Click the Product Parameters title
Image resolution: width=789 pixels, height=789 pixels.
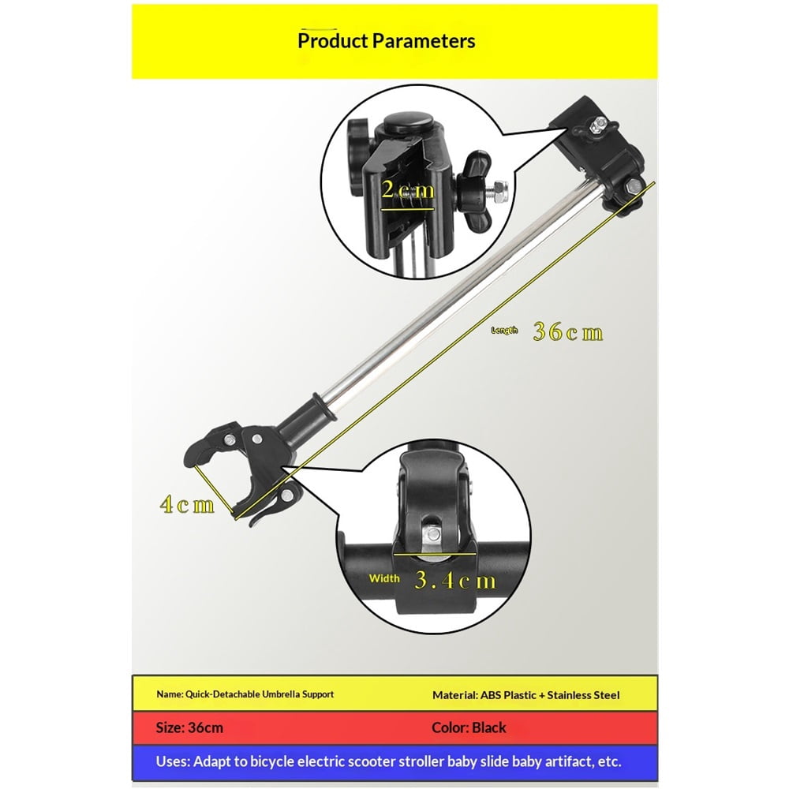click(x=386, y=41)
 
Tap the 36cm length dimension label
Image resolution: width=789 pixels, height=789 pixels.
click(x=567, y=332)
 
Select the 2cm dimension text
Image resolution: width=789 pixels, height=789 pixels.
click(x=408, y=189)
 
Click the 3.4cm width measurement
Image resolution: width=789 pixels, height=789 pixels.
click(x=455, y=581)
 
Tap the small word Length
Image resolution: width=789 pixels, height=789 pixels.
click(x=504, y=331)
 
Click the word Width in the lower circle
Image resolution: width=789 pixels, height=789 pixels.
click(x=384, y=578)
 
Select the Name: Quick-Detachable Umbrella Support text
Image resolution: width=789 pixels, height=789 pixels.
click(x=245, y=694)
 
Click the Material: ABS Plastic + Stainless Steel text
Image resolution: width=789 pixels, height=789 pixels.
click(x=525, y=695)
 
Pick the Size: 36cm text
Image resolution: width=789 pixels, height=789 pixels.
click(x=189, y=727)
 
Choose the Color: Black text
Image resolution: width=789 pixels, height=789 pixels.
click(x=469, y=727)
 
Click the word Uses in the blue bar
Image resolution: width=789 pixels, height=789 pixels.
click(x=173, y=761)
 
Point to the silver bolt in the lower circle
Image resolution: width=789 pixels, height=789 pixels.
click(x=432, y=534)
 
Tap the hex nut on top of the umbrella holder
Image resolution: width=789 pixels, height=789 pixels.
click(x=599, y=124)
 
